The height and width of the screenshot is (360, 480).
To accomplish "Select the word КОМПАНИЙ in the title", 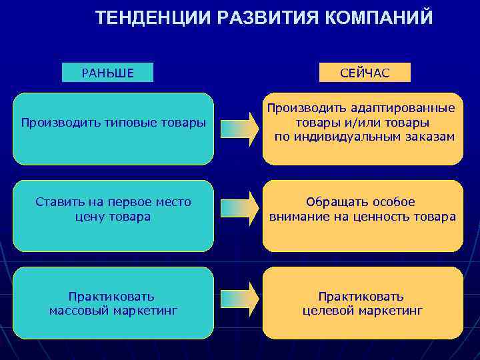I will [379, 18].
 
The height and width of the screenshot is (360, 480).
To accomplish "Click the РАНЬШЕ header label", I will [107, 73].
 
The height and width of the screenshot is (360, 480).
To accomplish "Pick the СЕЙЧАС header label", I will [365, 73].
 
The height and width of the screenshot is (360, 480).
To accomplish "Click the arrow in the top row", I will [239, 129].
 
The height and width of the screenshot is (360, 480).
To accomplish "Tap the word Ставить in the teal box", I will [57, 202].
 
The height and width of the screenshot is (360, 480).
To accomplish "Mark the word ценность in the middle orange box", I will [389, 217].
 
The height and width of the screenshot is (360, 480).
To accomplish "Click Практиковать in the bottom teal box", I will [111, 296].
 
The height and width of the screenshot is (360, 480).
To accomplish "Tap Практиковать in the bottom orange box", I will [361, 296].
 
